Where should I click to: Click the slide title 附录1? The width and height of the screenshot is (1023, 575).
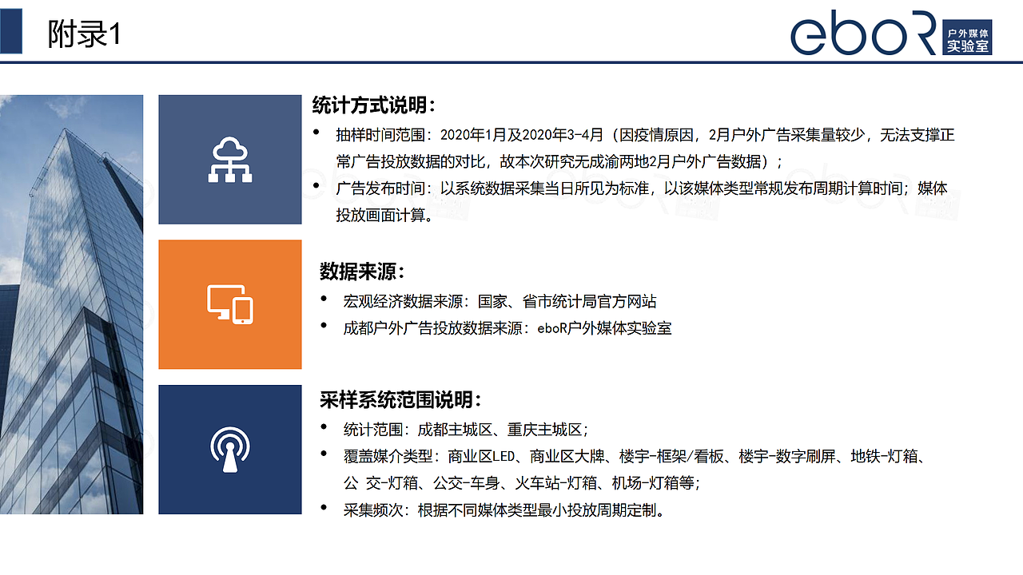85,34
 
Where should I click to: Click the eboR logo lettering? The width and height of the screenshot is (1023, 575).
864,33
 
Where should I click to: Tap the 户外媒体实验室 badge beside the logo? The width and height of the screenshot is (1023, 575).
967,38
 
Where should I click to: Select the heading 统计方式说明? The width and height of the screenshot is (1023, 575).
373,105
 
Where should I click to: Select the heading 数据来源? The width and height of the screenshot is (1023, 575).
362,272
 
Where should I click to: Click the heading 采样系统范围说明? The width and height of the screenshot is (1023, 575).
400,400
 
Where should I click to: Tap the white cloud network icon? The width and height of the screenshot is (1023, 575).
230,159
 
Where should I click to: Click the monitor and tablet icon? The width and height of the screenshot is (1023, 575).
230,304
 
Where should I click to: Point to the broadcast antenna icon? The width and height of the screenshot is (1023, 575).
230,450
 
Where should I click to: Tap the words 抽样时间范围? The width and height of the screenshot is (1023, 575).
380,135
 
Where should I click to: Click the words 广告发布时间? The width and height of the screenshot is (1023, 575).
380,188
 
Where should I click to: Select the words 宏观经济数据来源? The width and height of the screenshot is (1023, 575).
404,302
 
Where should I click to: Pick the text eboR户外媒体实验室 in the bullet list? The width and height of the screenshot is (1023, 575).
604,328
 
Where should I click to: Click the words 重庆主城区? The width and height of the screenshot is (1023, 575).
544,430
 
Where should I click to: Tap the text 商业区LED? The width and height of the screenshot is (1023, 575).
481,456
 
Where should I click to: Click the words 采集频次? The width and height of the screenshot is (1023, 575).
373,510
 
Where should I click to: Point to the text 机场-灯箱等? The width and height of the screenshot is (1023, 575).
653,483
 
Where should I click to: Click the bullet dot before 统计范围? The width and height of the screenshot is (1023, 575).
324,427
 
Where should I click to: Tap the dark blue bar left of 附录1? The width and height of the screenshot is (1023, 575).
11,31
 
